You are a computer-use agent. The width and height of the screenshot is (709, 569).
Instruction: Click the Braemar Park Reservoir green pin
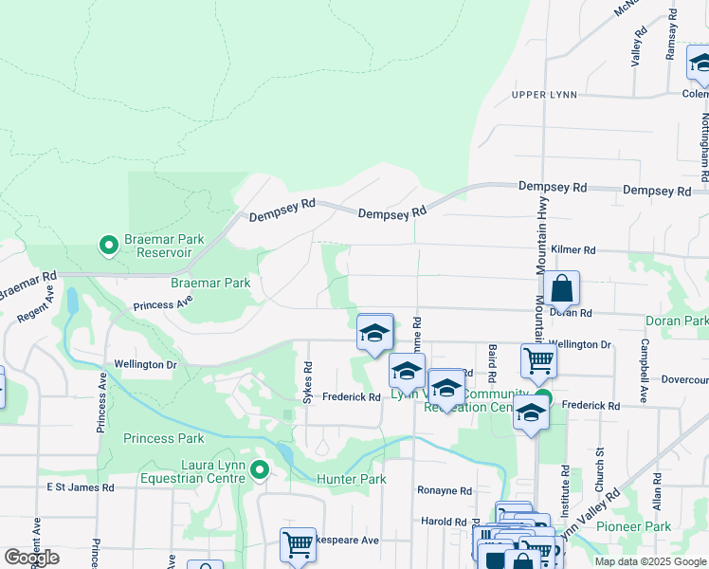[x=109, y=246]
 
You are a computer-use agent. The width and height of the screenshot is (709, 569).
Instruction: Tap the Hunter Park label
[x=352, y=480]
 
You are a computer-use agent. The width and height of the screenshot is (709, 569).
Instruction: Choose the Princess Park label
[x=163, y=438]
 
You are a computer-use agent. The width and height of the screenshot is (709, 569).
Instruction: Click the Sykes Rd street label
[x=307, y=381]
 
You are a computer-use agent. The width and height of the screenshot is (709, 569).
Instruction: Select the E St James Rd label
[x=81, y=487]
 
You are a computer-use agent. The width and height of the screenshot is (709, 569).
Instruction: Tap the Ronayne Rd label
[x=445, y=491]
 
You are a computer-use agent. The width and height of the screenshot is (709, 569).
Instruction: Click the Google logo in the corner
[x=31, y=558]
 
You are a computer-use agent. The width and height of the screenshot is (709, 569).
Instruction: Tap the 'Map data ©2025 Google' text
[x=649, y=561]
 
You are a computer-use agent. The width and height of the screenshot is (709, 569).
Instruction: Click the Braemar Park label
[x=210, y=283]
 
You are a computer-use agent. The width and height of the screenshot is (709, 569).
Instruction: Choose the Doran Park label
[x=677, y=322]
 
